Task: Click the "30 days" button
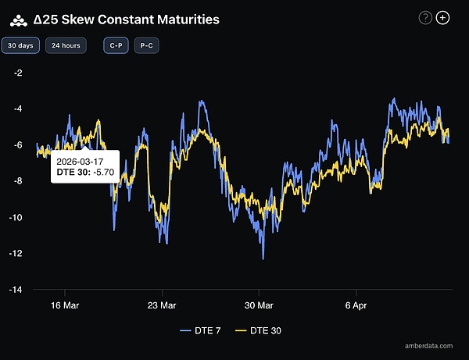[20, 46]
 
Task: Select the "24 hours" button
[66, 46]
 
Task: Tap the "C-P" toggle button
[116, 46]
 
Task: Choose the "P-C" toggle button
[146, 46]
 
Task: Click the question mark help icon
[425, 17]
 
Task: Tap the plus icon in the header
[442, 17]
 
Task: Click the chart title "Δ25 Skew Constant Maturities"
[132, 18]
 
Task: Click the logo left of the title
[17, 18]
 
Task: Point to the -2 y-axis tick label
[18, 73]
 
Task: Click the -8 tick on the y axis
[18, 181]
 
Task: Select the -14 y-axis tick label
[16, 289]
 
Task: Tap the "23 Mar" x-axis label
[161, 305]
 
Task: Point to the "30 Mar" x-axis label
[259, 305]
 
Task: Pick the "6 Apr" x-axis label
[356, 305]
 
